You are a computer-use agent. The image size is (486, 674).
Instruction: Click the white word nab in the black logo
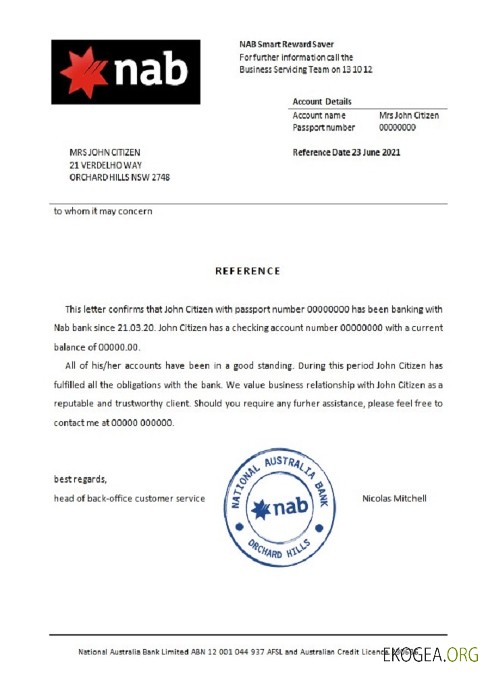(151, 71)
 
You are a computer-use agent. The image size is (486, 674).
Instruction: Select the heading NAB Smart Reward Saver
(286, 44)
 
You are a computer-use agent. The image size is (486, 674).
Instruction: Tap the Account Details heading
(322, 102)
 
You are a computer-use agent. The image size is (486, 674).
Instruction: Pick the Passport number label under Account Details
(323, 127)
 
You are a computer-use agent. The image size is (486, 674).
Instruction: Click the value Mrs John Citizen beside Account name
(409, 115)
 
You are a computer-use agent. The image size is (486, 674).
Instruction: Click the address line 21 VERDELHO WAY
(106, 165)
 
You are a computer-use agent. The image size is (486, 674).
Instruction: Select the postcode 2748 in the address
(161, 178)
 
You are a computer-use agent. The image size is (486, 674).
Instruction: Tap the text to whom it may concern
(103, 211)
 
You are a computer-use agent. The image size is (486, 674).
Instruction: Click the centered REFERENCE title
(248, 271)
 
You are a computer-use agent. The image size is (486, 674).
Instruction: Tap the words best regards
(80, 479)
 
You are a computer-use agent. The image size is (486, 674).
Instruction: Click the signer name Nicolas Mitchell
(394, 499)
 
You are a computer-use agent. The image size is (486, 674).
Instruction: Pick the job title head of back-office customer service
(130, 499)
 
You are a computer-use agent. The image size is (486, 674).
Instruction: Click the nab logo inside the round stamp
(279, 508)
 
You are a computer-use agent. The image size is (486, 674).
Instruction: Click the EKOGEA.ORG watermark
(431, 653)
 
